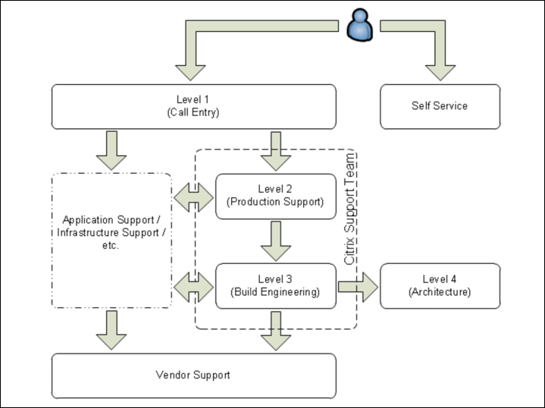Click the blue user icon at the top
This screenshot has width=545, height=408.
359,27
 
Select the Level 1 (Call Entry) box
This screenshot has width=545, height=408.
193,106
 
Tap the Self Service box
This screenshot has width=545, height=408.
440,106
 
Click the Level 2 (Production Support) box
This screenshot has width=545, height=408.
276,196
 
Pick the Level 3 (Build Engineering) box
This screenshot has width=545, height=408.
276,285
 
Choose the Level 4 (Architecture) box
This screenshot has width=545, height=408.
440,285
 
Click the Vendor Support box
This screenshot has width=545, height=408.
193,375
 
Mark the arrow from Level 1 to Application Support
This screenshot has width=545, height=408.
111,150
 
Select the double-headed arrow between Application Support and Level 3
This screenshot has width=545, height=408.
193,286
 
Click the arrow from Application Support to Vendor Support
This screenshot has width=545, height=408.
111,330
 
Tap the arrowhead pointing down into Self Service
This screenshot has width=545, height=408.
440,71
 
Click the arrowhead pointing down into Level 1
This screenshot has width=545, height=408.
189,71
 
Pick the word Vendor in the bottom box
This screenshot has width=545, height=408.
172,375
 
